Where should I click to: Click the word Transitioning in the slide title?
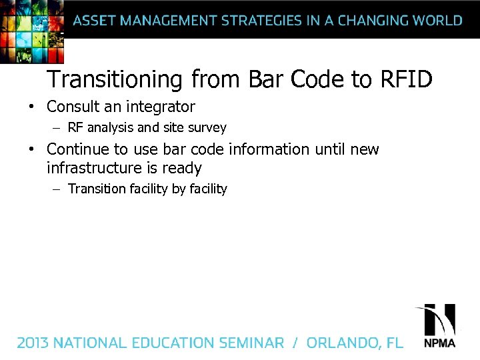click(114, 80)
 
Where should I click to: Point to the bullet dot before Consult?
click(31, 107)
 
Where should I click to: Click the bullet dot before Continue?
click(31, 149)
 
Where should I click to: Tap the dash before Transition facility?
click(57, 189)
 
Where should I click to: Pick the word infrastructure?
click(93, 168)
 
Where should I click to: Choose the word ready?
click(182, 169)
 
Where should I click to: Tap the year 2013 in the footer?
click(33, 343)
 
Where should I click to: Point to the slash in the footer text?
click(295, 343)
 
